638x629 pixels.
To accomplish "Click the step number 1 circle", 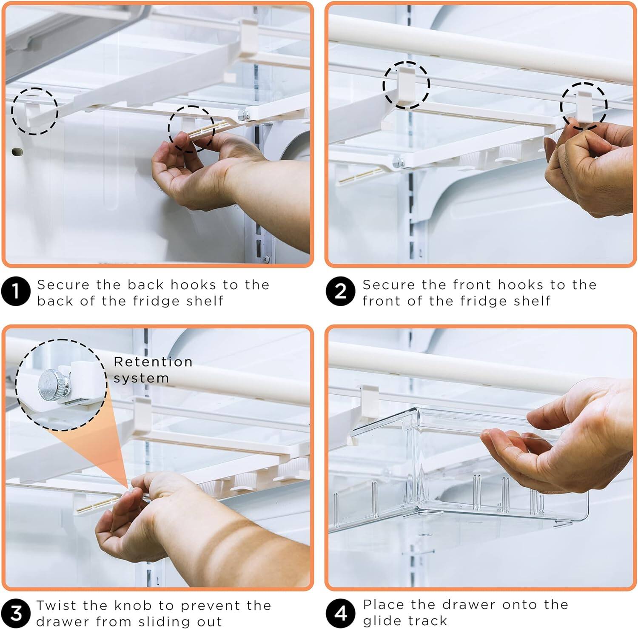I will click(x=16, y=292).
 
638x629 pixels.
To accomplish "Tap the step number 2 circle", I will click(x=340, y=292).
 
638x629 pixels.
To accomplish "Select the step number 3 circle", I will click(x=16, y=613).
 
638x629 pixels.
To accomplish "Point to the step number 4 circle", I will click(x=340, y=613).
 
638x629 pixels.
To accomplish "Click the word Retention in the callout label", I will click(x=153, y=362).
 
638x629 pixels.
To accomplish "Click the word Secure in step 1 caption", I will click(x=63, y=284).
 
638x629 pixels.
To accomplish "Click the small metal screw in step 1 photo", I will click(x=243, y=114).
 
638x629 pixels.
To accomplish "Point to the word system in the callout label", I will click(x=141, y=378).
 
